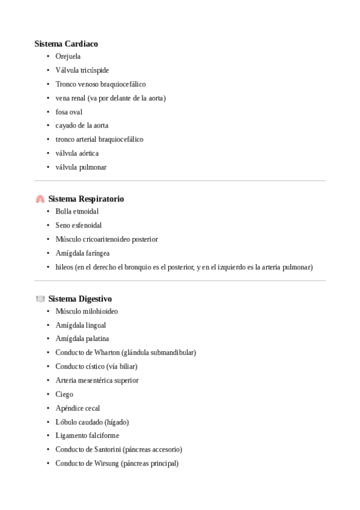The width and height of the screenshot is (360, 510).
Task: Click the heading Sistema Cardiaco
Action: [66, 44]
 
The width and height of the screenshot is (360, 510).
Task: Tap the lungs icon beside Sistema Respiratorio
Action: [40, 199]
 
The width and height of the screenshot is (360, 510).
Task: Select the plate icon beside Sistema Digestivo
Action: [40, 299]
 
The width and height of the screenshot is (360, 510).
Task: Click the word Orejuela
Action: [68, 57]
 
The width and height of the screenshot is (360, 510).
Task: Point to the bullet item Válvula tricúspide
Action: [82, 70]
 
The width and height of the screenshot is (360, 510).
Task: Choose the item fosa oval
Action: [69, 112]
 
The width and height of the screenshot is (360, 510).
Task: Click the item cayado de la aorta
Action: [82, 126]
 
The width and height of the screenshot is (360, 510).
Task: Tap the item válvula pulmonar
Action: [81, 167]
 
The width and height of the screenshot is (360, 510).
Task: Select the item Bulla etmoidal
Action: [77, 212]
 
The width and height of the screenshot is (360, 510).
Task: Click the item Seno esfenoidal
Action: [79, 226]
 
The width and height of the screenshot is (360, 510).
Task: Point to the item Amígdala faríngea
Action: [82, 253]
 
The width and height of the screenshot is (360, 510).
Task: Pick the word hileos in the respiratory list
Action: [64, 267]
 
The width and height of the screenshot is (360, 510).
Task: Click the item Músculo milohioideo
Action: [87, 312]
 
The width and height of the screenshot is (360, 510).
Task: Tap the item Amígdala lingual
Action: [81, 325]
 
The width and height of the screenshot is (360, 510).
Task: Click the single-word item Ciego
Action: [64, 395]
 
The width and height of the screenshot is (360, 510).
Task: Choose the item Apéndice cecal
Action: [78, 408]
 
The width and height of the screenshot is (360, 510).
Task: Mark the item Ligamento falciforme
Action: [87, 435]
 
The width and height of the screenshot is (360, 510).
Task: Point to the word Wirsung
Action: [105, 463]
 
